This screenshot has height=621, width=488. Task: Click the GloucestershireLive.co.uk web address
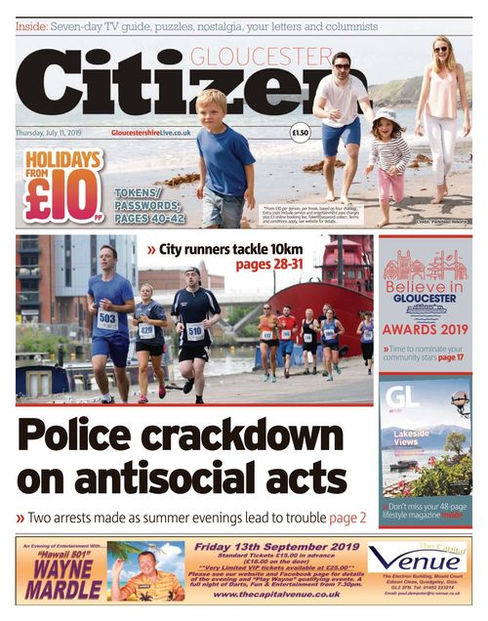click(x=151, y=132)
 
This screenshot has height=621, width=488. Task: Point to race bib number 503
click(x=107, y=320)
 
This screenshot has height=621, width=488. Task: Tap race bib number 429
click(x=146, y=330)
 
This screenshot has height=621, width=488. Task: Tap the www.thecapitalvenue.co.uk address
click(x=276, y=594)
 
